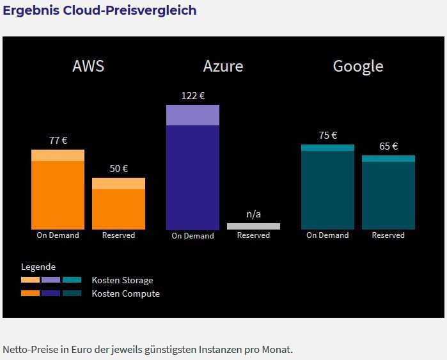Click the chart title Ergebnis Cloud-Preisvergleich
point(100,11)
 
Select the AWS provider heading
point(88,67)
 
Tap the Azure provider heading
point(223,67)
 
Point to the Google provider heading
point(358,67)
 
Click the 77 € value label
point(58,141)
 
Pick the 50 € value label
point(119,169)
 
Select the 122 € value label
point(193,96)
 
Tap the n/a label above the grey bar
point(253,214)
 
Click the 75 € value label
point(328,136)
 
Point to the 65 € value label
point(389,146)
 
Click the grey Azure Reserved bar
point(253,226)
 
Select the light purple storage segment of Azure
point(192,115)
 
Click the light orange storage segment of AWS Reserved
point(118,184)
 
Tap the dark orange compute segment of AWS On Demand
point(58,195)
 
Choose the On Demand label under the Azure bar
point(192,236)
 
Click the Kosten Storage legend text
point(122,280)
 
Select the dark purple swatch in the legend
point(51,293)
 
